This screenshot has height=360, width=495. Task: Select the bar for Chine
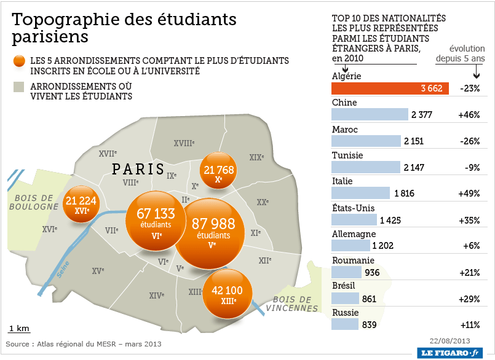(370, 114)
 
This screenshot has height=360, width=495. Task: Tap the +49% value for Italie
(469, 194)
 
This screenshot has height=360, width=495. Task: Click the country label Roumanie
(353, 260)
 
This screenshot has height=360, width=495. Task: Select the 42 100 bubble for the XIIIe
(227, 294)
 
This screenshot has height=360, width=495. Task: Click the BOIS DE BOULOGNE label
(33, 202)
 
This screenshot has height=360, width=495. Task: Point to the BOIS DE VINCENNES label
(293, 304)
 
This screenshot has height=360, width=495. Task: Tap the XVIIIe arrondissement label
(184, 143)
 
